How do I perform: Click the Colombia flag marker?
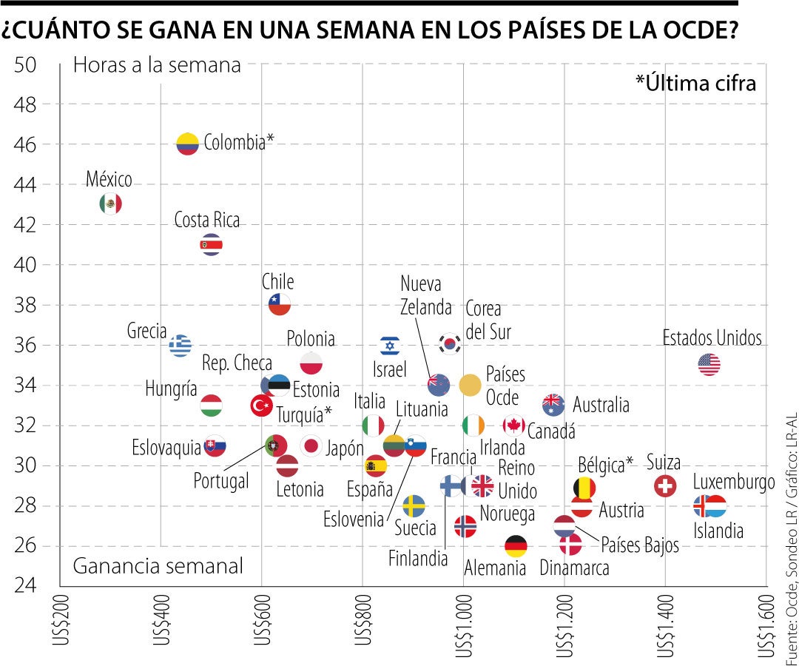tap(188, 144)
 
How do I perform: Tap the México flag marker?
tap(110, 203)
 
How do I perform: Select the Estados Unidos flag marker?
tap(709, 365)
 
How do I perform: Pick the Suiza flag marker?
tap(666, 485)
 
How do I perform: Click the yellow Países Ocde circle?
tap(471, 385)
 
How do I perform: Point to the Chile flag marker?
tap(279, 304)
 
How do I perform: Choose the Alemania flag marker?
tap(516, 546)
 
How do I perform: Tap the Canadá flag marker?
tap(513, 425)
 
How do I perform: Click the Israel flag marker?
tap(390, 345)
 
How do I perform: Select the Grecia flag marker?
tap(181, 345)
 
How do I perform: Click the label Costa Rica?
tap(207, 221)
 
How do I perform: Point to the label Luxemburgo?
tap(733, 482)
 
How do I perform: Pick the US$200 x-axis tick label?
tap(60, 625)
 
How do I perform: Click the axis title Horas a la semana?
tap(157, 65)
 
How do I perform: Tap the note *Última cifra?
tap(695, 84)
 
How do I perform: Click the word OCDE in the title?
tap(698, 31)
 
